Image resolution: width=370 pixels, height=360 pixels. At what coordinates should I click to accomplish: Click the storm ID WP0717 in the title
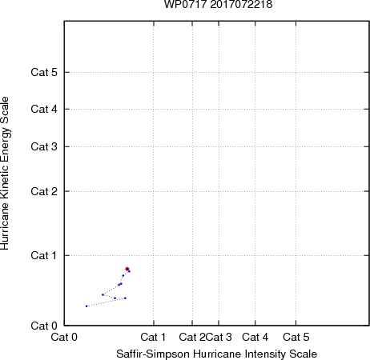[x=186, y=4]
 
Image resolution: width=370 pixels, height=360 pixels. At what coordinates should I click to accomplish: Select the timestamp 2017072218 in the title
[x=241, y=4]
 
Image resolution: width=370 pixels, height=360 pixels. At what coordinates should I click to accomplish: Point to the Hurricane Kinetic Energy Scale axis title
[x=5, y=174]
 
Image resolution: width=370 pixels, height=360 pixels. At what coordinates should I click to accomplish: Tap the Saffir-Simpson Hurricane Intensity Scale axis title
[x=217, y=354]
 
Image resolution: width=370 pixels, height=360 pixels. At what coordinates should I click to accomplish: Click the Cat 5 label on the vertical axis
[x=44, y=72]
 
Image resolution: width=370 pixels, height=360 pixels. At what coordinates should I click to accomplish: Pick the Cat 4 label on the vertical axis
[x=44, y=109]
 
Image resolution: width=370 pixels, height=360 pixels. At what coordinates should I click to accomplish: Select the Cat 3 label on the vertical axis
[x=44, y=146]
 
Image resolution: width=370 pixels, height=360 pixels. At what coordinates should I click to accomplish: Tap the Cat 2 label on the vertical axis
[x=44, y=191]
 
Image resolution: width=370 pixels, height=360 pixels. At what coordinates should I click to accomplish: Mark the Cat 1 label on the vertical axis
[x=44, y=255]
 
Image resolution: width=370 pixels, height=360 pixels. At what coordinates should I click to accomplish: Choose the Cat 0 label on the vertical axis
[x=44, y=326]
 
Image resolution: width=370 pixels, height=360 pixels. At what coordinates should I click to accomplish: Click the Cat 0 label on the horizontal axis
[x=64, y=337]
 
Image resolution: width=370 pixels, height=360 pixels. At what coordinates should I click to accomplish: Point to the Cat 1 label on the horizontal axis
[x=153, y=337]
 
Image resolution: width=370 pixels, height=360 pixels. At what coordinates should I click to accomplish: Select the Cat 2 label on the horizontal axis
[x=192, y=337]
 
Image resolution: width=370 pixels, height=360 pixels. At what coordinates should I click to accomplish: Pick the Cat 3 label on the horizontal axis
[x=219, y=337]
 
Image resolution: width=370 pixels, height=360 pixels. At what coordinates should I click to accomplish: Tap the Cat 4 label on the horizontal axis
[x=255, y=337]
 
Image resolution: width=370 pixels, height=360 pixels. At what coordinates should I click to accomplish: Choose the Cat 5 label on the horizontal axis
[x=296, y=337]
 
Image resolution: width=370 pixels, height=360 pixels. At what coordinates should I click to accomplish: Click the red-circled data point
[x=127, y=269]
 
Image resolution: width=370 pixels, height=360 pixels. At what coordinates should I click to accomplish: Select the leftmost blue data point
[x=86, y=306]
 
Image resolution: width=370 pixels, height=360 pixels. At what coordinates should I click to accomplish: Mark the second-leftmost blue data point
[x=103, y=294]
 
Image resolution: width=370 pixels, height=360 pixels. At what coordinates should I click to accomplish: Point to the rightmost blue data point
[x=129, y=271]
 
